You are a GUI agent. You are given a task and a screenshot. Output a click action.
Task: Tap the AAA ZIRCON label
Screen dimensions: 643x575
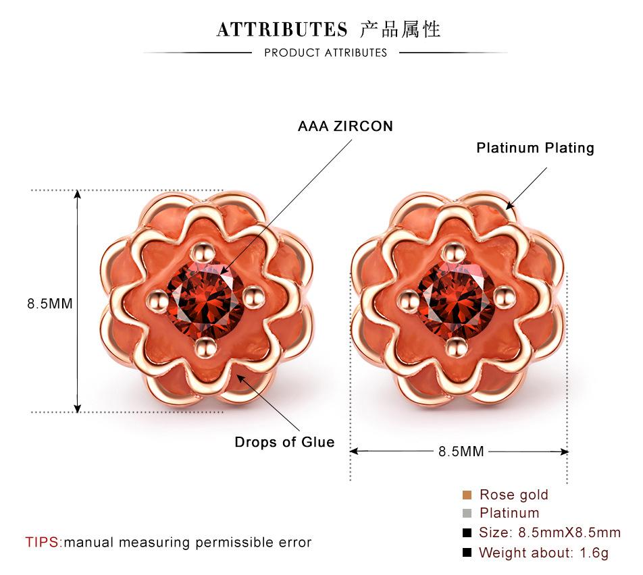(x=345, y=126)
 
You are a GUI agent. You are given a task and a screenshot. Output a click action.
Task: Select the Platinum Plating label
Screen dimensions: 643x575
(x=535, y=147)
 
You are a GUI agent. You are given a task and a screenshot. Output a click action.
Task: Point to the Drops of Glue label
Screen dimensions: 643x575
(x=284, y=442)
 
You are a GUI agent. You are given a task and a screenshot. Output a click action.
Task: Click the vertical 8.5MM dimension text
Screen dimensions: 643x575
(x=49, y=304)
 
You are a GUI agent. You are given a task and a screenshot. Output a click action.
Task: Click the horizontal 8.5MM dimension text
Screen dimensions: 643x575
(x=461, y=451)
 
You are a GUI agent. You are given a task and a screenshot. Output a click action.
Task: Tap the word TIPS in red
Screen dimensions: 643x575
(x=43, y=542)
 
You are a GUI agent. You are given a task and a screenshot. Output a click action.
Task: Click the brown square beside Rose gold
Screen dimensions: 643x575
(x=467, y=495)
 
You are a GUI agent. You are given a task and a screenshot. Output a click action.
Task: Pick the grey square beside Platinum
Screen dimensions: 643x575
(x=467, y=513)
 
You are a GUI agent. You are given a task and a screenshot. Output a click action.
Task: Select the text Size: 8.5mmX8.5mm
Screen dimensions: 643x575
(x=549, y=532)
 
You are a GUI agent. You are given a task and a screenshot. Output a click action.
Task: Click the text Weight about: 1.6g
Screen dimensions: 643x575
(x=544, y=553)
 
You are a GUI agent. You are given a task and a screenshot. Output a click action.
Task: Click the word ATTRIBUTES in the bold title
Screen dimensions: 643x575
(x=282, y=30)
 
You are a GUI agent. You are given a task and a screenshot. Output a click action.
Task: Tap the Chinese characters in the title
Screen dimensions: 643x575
(x=401, y=29)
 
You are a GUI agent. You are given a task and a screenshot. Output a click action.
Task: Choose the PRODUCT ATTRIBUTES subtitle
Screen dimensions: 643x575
(x=326, y=52)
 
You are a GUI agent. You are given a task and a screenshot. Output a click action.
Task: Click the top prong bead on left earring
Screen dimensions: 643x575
(x=201, y=252)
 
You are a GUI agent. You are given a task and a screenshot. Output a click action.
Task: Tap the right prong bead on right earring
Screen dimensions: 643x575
(x=504, y=296)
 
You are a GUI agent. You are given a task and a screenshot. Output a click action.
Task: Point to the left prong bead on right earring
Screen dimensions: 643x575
(x=409, y=298)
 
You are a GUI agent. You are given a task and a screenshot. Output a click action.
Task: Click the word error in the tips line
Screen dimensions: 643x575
(x=294, y=542)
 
